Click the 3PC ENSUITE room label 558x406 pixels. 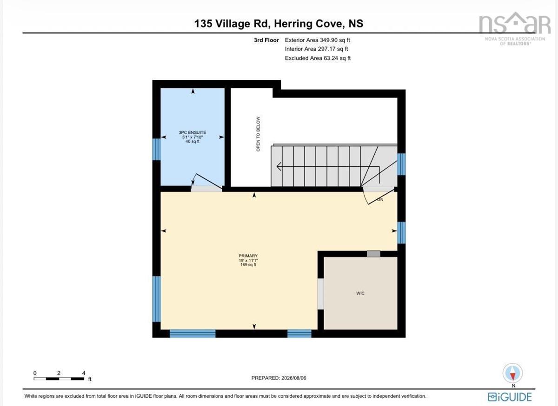[x=193, y=137]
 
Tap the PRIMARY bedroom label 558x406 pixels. [x=248, y=260]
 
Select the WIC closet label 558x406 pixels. [x=360, y=293]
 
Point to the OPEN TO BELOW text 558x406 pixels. [x=258, y=134]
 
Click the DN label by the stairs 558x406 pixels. [x=380, y=200]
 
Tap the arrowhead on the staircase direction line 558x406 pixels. [x=279, y=166]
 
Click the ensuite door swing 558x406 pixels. [x=206, y=182]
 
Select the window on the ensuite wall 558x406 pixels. [x=156, y=150]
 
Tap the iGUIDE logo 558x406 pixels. [x=510, y=397]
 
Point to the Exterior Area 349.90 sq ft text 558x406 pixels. [x=317, y=40]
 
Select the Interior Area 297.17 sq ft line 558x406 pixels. [x=316, y=49]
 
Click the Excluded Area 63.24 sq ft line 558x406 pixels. [x=318, y=58]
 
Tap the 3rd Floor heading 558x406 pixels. [x=266, y=40]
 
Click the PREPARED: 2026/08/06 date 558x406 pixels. [x=279, y=378]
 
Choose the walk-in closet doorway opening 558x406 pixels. [x=320, y=294]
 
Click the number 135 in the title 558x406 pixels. [x=203, y=24]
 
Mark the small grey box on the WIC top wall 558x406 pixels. [x=373, y=254]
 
